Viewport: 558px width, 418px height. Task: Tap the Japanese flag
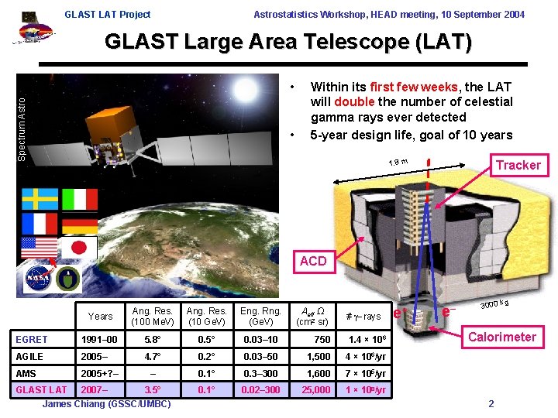click(x=80, y=248)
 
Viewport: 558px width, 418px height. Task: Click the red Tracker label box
click(x=518, y=165)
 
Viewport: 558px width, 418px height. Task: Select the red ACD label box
click(x=313, y=261)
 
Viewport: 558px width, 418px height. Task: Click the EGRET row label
click(x=32, y=340)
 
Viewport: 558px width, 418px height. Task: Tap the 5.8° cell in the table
click(x=152, y=340)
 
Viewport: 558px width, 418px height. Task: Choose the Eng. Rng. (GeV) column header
click(x=260, y=316)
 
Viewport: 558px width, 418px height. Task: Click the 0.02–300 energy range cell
click(x=260, y=390)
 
